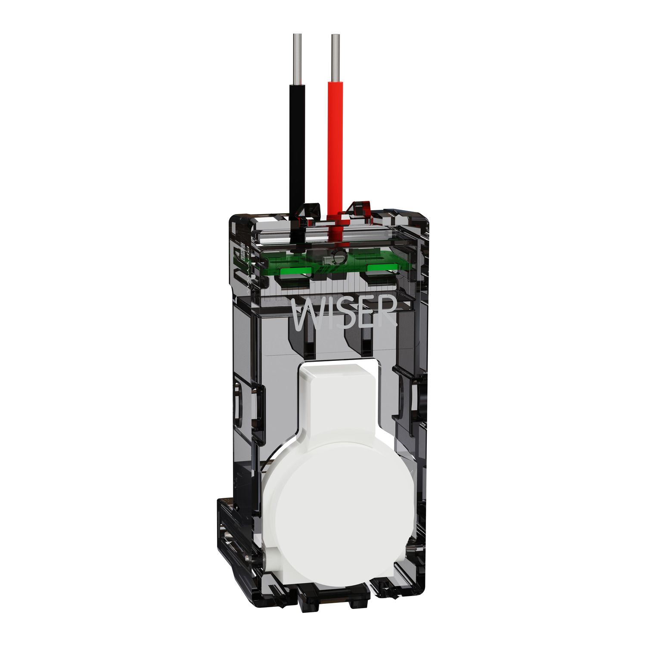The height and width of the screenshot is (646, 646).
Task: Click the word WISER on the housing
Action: [x=343, y=311]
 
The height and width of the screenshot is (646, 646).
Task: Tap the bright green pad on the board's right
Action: [x=382, y=267]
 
